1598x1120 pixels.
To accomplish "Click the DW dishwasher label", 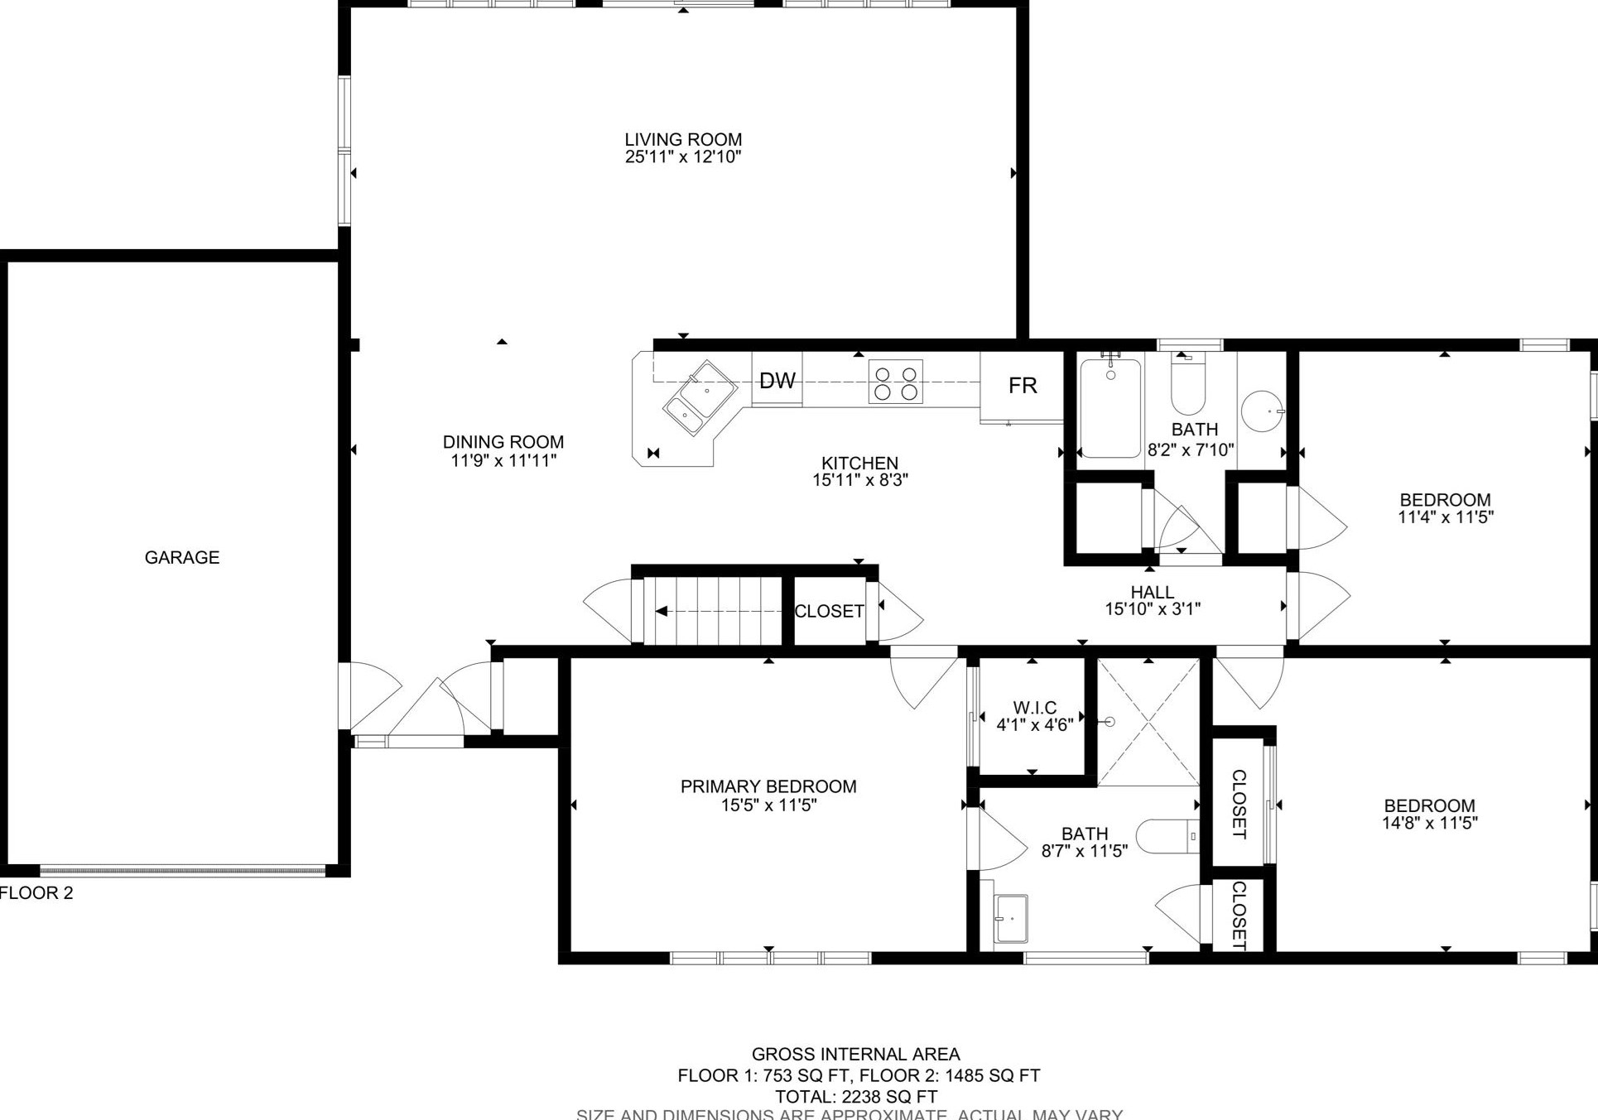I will (777, 381).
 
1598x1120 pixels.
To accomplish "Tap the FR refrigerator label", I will (1023, 386).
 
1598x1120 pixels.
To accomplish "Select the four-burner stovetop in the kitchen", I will (895, 382).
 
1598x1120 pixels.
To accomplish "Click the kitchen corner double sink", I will (700, 397).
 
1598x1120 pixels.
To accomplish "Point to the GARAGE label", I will (182, 558).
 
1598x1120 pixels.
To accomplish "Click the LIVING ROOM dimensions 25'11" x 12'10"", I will (683, 157).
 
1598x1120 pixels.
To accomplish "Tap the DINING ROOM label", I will (503, 442).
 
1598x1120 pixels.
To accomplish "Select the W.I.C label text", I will (1034, 708).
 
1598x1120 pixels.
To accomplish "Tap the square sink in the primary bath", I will (1011, 918).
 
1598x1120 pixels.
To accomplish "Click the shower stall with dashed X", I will (1148, 723).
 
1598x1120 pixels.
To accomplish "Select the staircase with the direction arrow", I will (712, 611).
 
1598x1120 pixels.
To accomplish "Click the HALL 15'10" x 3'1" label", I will (1153, 601).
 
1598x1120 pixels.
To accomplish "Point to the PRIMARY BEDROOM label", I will (768, 786).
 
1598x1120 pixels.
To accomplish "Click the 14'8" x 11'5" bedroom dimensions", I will (1429, 823).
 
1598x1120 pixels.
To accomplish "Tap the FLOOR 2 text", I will (36, 893).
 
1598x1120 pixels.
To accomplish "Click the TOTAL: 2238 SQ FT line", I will (856, 1097).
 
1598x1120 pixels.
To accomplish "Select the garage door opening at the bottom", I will (183, 870).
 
